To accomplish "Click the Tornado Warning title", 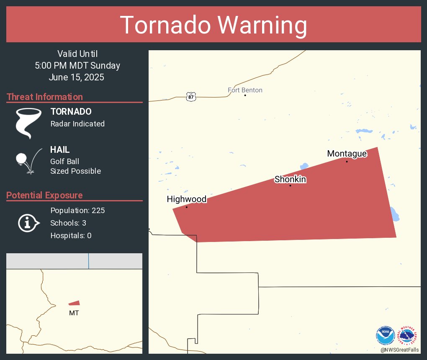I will coord(213,25).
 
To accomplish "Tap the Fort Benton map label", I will coord(245,90).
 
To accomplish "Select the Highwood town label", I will coord(187,199).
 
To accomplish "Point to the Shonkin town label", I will coord(290,180).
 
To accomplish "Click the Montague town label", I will coord(347,154).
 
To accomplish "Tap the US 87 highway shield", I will coord(191,97).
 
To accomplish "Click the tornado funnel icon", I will coord(28,123).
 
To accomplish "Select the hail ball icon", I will coord(21,159).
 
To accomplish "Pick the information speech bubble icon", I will coord(28,223).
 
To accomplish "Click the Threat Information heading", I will coord(45,97).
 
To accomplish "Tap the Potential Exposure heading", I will coord(44,195).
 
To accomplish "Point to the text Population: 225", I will coord(77,210).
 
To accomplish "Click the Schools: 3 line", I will coord(68,223).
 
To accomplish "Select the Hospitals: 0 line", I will coord(71,235).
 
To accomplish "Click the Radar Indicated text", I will coord(77,123).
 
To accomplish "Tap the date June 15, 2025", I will coord(76,77).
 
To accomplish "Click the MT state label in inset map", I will coord(74,313).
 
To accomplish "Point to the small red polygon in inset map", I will coord(75,303).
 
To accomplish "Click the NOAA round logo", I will coord(386,335).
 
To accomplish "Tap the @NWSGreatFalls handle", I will coord(399,350).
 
